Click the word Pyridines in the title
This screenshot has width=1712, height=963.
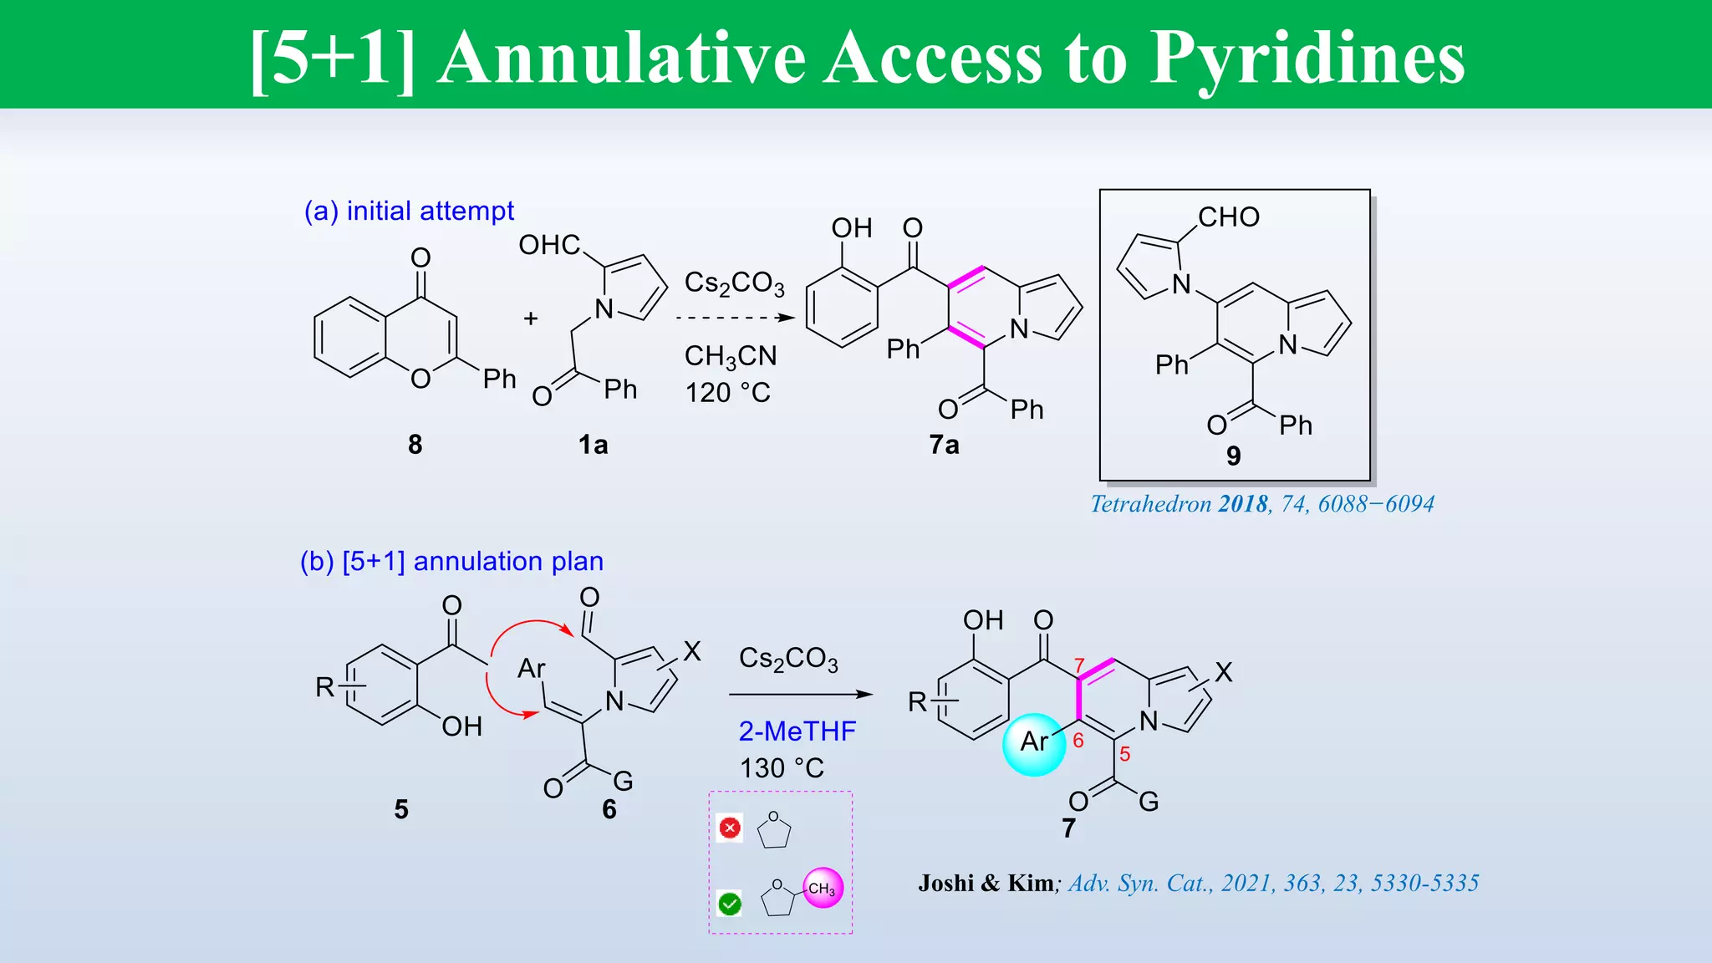[x=1307, y=59]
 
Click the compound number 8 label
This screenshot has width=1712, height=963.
[x=415, y=445]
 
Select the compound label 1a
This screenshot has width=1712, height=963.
[x=593, y=445]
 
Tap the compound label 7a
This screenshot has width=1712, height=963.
[x=944, y=445]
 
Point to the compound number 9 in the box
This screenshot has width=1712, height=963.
[x=1233, y=456]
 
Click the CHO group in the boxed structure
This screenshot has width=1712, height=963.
[x=1228, y=217]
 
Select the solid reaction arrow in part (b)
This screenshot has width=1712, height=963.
[x=800, y=694]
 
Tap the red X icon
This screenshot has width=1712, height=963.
[x=730, y=828]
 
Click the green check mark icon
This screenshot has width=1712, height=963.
[x=730, y=904]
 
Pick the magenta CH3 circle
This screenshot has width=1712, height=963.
[x=823, y=889]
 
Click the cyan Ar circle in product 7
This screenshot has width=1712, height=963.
[x=1034, y=743]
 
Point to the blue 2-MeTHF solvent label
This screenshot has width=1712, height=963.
[x=797, y=731]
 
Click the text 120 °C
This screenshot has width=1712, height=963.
[x=727, y=392]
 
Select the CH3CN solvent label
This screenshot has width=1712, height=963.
[x=730, y=356]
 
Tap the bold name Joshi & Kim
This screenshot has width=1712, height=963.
[x=986, y=884]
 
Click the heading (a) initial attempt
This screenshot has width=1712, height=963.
[x=409, y=211]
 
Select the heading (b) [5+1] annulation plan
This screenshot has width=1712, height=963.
[x=451, y=561]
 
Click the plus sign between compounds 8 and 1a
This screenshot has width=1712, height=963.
[x=530, y=318]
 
